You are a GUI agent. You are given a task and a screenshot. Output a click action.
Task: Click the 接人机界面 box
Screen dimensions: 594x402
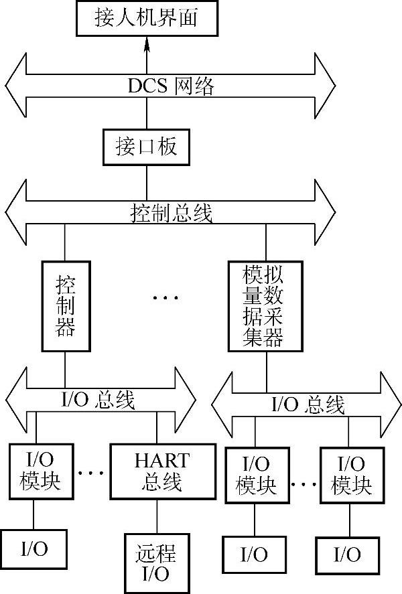147,18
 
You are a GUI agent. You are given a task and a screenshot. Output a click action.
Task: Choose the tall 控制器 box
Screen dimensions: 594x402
64,305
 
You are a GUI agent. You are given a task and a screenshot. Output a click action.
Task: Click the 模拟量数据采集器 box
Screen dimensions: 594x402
265,306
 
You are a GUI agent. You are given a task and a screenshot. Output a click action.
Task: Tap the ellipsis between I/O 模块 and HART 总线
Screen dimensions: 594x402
91,473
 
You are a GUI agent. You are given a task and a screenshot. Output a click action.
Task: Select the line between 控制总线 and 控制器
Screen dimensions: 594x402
64,243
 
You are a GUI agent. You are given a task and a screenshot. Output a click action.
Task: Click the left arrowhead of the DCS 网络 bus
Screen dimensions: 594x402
15,84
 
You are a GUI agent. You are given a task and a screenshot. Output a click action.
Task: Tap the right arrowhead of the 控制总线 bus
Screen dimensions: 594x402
325,212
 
